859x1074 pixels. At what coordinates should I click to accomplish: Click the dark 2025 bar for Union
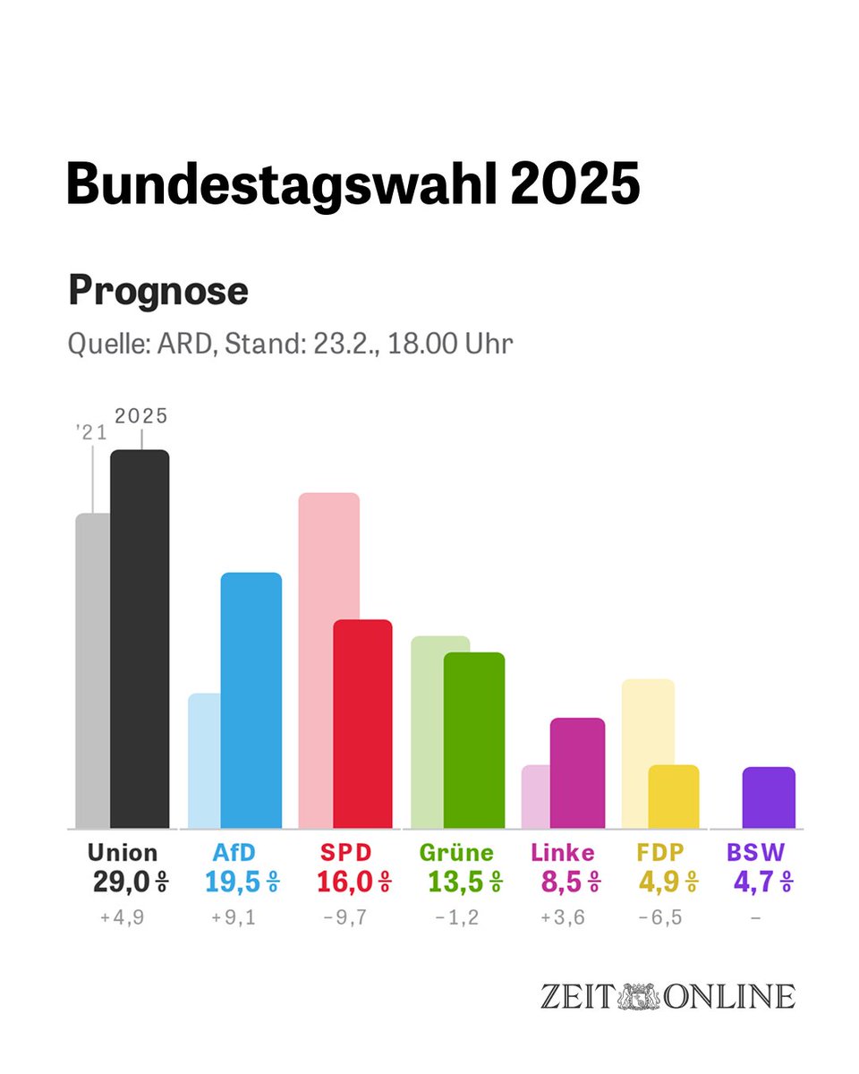[140, 639]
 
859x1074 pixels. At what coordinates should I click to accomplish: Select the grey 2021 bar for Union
[92, 671]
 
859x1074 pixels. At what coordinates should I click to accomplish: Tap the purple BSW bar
[768, 797]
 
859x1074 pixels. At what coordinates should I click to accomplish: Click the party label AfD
[234, 853]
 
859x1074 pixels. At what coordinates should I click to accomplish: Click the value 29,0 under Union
[121, 882]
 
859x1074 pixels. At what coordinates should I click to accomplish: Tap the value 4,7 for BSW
[753, 882]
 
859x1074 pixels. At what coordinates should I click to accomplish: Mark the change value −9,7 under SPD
[346, 917]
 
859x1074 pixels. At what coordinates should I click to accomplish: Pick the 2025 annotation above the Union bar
[141, 416]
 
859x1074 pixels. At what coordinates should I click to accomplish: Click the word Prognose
[158, 291]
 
